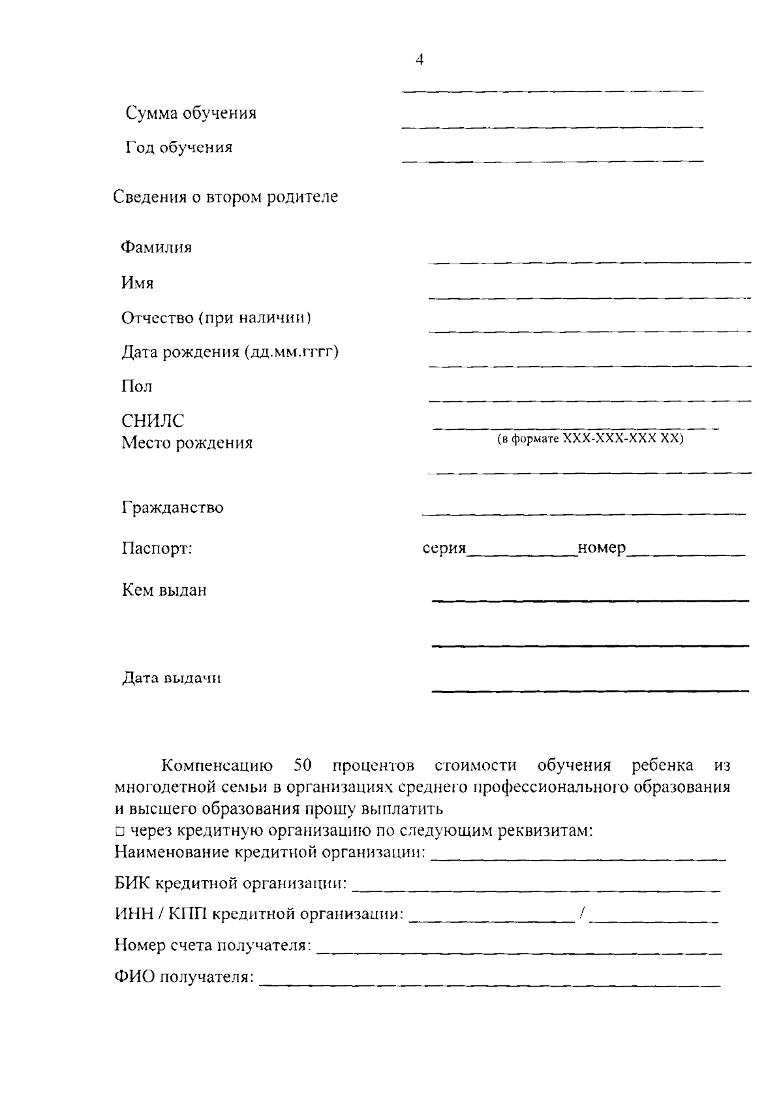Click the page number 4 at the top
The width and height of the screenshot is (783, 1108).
[420, 60]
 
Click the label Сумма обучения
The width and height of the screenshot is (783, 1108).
[191, 113]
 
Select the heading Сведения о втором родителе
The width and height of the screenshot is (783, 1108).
[226, 196]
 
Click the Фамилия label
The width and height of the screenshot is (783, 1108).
[157, 247]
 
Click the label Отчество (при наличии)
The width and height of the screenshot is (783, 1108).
[216, 318]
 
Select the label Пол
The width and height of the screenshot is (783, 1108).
[136, 386]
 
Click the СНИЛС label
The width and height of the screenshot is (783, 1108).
[153, 421]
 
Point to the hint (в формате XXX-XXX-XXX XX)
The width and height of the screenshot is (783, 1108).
[590, 439]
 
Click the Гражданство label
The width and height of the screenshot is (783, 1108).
[172, 507]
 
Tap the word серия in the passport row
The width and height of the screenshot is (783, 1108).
[444, 548]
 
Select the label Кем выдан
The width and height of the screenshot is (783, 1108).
[164, 590]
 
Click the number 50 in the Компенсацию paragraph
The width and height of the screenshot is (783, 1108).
[304, 765]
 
